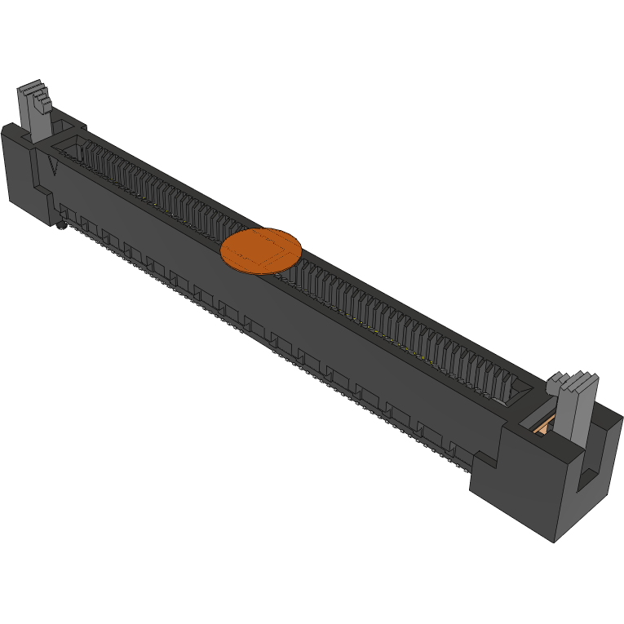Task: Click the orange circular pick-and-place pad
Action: tap(261, 249)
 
